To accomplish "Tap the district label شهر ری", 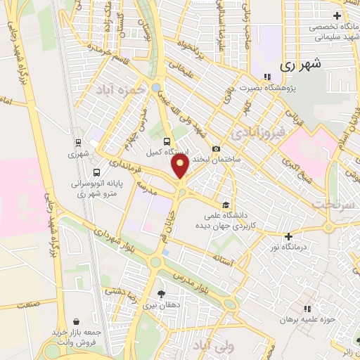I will coord(300,65).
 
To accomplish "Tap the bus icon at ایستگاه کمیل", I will coord(167,139).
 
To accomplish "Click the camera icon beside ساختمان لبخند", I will coord(216,148).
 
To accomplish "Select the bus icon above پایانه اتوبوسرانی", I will coord(96,172).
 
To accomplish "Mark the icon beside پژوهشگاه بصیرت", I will coord(266,77).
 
